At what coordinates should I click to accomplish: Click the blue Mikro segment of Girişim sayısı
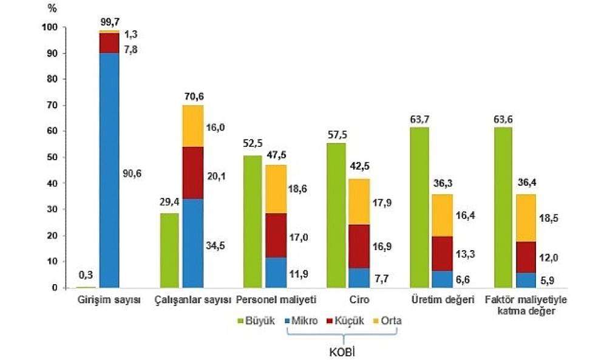click(x=109, y=170)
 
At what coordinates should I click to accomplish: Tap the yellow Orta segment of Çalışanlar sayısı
click(x=192, y=126)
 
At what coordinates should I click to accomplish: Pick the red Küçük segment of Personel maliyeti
click(x=276, y=235)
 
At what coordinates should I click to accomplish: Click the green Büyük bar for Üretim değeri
click(x=420, y=207)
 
